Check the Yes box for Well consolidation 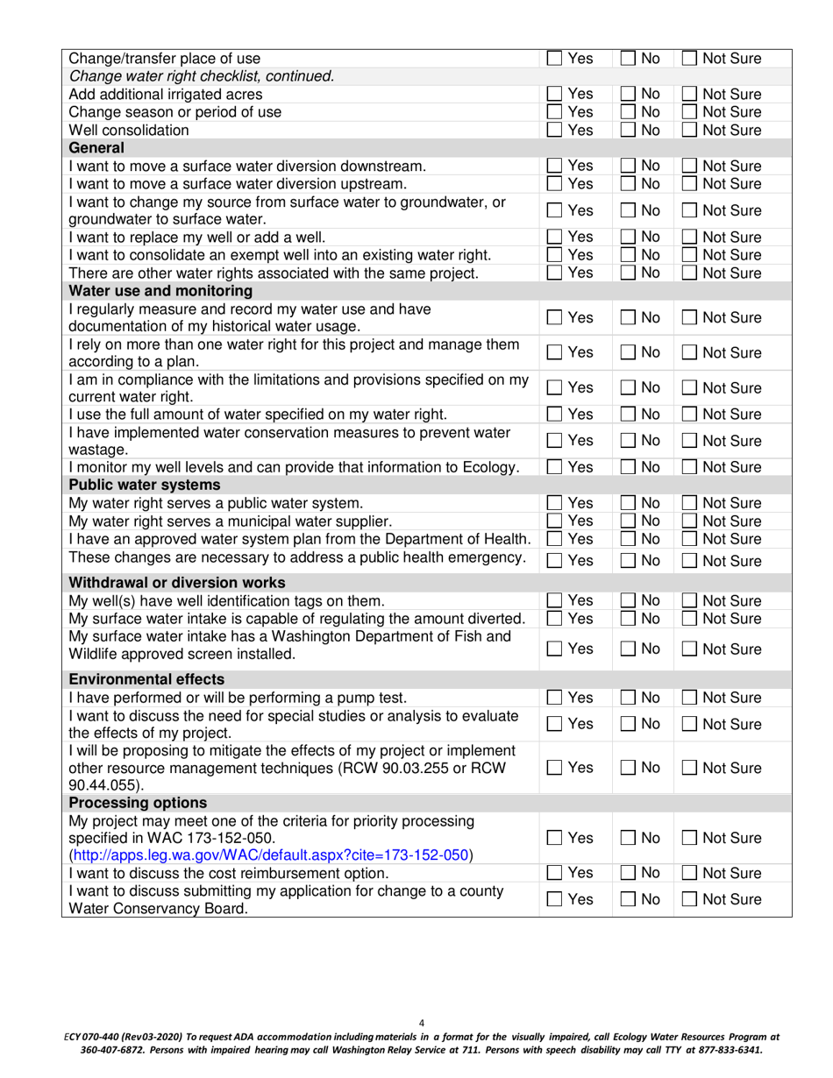point(554,131)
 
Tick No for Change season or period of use point(628,112)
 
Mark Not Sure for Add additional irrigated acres point(690,95)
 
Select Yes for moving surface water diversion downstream point(554,167)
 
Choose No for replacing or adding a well point(628,238)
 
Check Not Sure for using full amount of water point(690,415)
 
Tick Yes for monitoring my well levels point(554,468)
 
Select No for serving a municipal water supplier point(628,521)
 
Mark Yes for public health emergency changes point(554,561)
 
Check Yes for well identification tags point(554,601)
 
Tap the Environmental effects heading point(146,679)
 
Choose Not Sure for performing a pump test point(690,699)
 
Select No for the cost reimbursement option point(628,874)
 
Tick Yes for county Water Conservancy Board point(554,900)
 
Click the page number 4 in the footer point(422,1023)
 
